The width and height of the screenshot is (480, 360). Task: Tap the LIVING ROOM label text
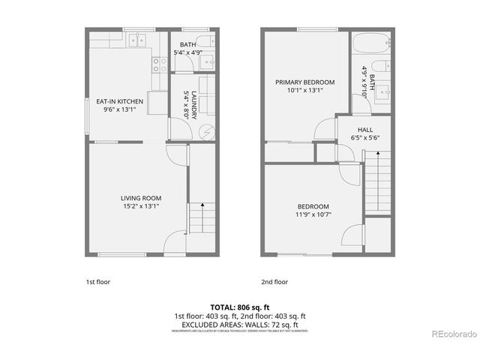pos(140,198)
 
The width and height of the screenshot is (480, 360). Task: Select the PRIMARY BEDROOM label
pos(304,82)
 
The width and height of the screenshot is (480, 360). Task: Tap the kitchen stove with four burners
pos(160,64)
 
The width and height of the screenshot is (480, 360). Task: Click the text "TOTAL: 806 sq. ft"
pos(239,307)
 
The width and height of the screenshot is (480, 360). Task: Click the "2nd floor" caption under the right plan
pos(274,283)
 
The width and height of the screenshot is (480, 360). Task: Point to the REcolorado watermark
pos(452,333)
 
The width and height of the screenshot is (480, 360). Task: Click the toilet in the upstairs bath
pos(379,66)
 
